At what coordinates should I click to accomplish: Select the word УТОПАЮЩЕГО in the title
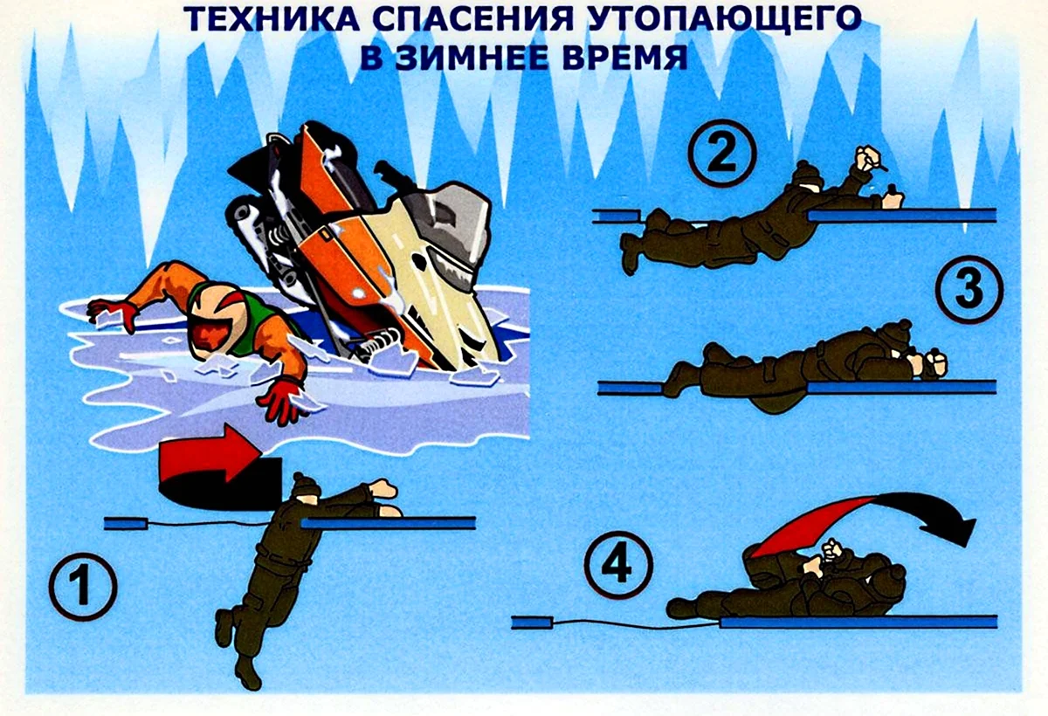(x=722, y=19)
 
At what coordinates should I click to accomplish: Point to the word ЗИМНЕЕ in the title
(x=473, y=58)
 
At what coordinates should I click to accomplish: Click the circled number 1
(x=83, y=587)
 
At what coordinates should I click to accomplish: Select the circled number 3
(x=969, y=289)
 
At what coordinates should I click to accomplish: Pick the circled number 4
(x=618, y=565)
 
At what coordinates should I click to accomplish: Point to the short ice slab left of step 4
(x=533, y=623)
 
